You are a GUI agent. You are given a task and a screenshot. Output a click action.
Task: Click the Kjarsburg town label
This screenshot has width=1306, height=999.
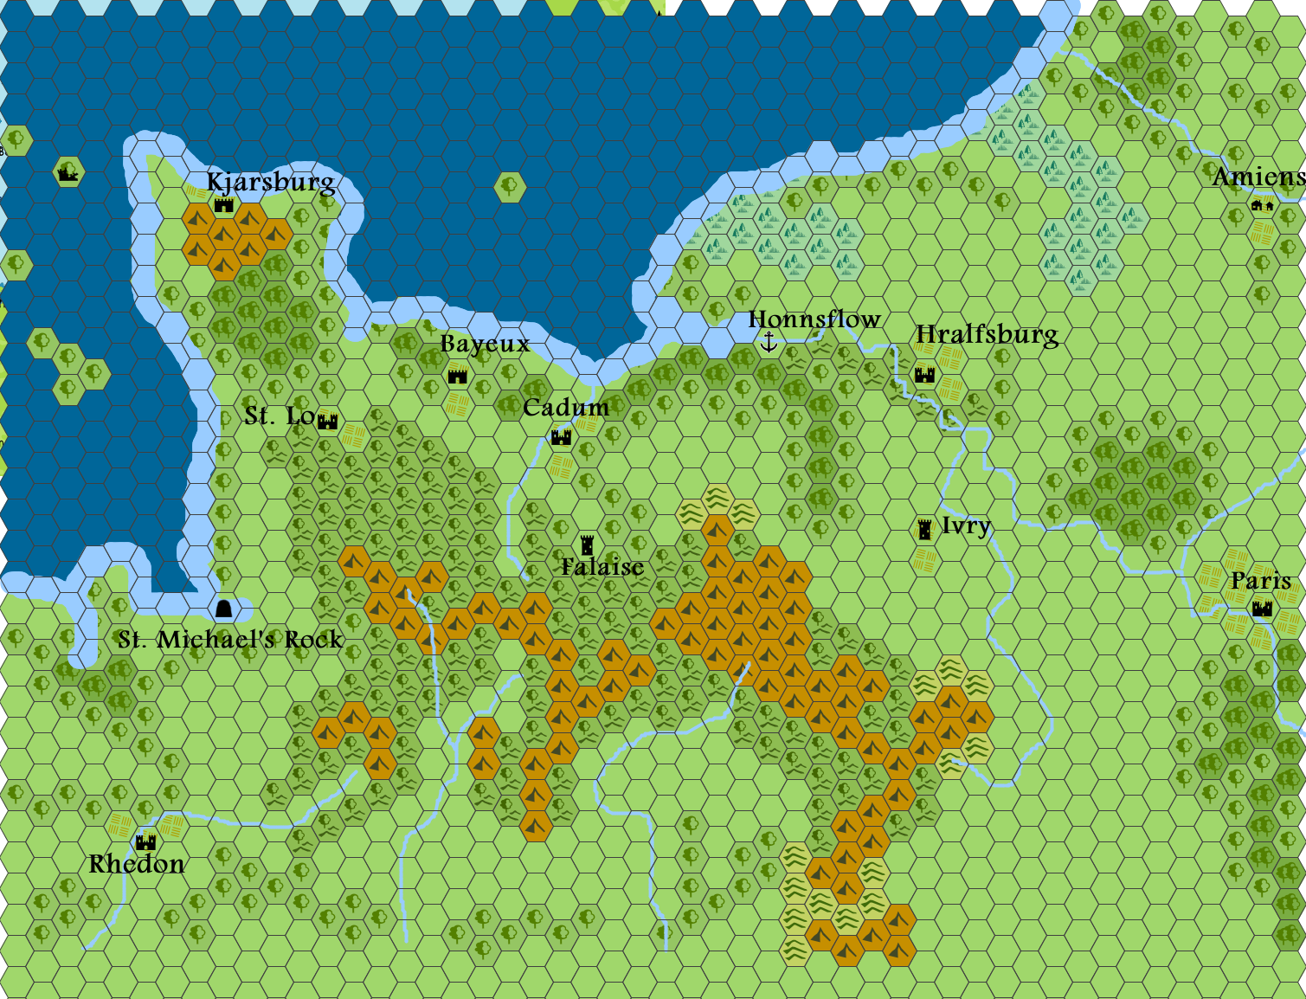click(x=271, y=182)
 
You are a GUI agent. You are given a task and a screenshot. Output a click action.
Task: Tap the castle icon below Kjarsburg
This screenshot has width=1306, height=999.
click(x=224, y=205)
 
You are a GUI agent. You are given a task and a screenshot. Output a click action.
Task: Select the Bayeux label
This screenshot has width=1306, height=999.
click(x=485, y=344)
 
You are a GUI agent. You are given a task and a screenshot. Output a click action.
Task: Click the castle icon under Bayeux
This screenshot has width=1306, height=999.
click(x=458, y=376)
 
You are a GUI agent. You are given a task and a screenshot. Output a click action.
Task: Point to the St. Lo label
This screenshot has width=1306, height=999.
click(x=280, y=416)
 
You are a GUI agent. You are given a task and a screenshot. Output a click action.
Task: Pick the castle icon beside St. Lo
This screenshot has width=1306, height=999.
click(x=327, y=422)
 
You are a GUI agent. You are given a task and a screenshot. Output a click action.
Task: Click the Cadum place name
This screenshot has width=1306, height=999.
click(x=566, y=408)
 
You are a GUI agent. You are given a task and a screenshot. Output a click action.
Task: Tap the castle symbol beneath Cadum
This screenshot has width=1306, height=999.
click(x=562, y=437)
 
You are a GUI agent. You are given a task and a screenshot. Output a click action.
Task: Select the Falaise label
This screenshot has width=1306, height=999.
click(x=602, y=567)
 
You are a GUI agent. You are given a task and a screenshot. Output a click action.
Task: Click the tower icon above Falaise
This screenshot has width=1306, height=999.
click(x=588, y=545)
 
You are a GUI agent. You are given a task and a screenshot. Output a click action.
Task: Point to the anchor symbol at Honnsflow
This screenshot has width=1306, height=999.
click(x=769, y=343)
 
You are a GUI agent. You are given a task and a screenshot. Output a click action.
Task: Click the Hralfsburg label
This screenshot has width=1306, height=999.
click(x=987, y=335)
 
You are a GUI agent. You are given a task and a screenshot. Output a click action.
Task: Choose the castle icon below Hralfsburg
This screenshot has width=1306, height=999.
click(x=925, y=375)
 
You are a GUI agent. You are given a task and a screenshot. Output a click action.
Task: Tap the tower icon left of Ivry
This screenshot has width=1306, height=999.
click(x=925, y=529)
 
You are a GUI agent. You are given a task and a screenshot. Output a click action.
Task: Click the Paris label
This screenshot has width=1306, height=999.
click(x=1261, y=581)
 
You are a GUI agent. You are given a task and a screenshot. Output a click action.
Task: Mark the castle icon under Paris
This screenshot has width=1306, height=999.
click(x=1263, y=609)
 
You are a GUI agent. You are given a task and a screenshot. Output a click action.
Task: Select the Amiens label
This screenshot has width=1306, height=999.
click(x=1258, y=177)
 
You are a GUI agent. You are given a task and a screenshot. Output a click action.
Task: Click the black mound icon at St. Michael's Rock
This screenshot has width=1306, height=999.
click(x=224, y=609)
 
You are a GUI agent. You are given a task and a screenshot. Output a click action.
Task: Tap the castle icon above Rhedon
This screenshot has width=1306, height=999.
click(x=146, y=841)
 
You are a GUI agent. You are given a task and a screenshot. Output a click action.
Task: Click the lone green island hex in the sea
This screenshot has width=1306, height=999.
click(x=510, y=185)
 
